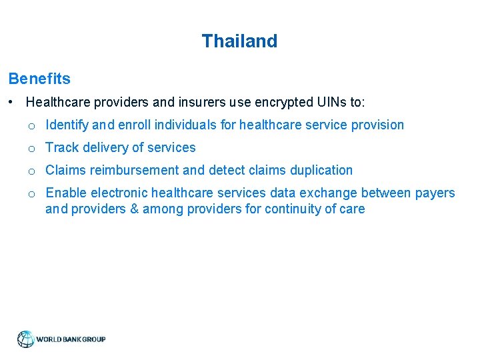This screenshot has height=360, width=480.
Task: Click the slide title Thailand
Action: [239, 41]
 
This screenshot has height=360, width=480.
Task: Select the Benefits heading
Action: [39, 79]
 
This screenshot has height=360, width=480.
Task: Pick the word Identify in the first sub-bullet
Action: [67, 125]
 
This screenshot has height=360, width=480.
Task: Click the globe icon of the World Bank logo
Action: [25, 339]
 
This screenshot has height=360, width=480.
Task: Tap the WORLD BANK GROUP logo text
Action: [71, 339]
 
